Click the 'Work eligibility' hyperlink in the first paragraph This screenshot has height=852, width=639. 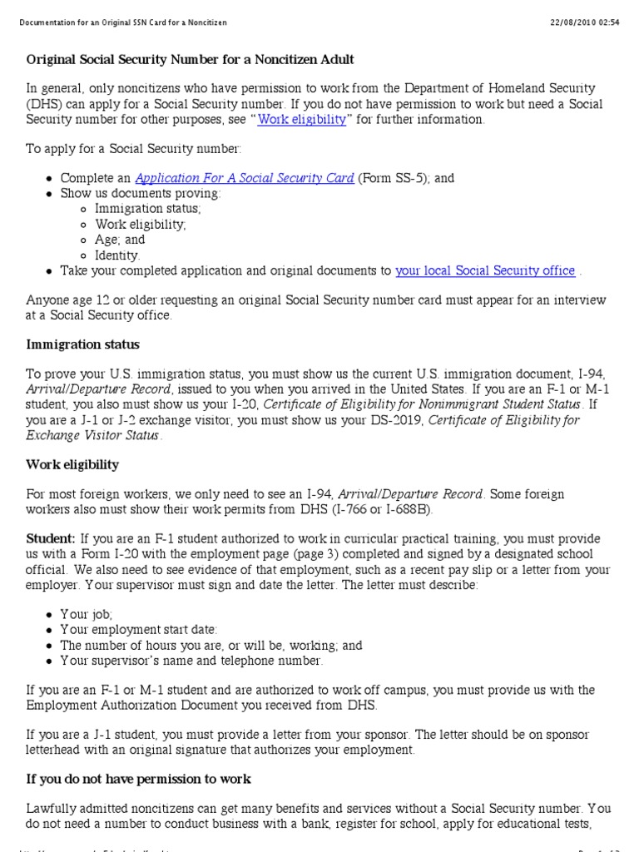coord(301,120)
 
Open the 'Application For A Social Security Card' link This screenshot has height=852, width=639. coord(245,179)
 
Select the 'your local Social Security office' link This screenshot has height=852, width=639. coord(485,270)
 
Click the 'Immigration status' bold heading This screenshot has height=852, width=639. coord(83,344)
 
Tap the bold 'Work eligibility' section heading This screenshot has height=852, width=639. coord(72,464)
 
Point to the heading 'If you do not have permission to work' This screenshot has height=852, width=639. coord(139,780)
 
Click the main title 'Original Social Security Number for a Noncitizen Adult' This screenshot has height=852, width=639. coord(191,60)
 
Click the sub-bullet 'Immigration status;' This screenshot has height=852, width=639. coord(147,209)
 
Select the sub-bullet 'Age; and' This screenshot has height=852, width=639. coord(120,240)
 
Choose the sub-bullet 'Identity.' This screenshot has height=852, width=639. coord(117,255)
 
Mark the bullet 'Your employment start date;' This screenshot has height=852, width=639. coord(138,631)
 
